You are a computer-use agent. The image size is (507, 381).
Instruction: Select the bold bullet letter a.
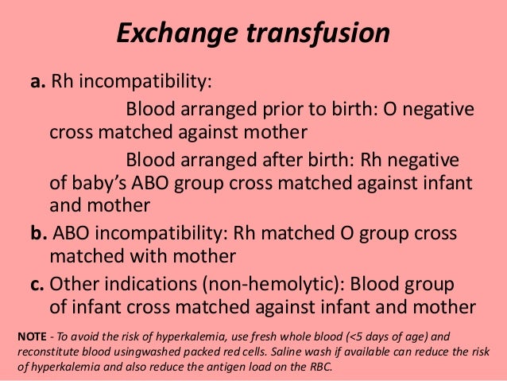37,83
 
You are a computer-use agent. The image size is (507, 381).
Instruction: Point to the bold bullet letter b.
37,234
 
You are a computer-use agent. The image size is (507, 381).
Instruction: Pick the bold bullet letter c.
37,284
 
